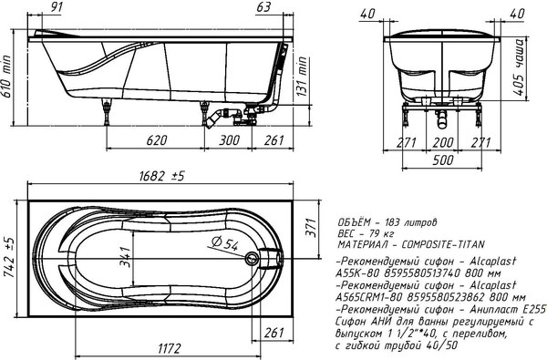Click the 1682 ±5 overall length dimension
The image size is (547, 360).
point(161,176)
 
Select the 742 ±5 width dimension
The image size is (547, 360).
point(9,257)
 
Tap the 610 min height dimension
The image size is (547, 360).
point(6,77)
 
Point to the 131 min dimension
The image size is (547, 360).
point(302,77)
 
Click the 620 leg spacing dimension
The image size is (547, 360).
point(157,140)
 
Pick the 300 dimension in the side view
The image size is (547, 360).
point(229,140)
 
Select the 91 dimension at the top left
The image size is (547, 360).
point(54,7)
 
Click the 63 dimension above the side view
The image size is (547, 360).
point(263,7)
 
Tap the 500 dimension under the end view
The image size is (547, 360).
point(443,160)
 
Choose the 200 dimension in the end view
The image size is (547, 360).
point(443,142)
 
